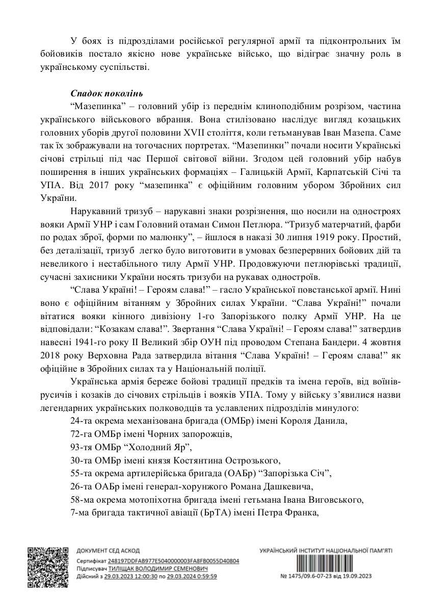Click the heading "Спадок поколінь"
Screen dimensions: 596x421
pyautogui.click(x=107, y=94)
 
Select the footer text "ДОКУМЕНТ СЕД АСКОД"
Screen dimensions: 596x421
pyautogui.click(x=103, y=551)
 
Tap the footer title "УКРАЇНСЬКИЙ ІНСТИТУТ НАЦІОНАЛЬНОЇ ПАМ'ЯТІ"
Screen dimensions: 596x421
pyautogui.click(x=326, y=551)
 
